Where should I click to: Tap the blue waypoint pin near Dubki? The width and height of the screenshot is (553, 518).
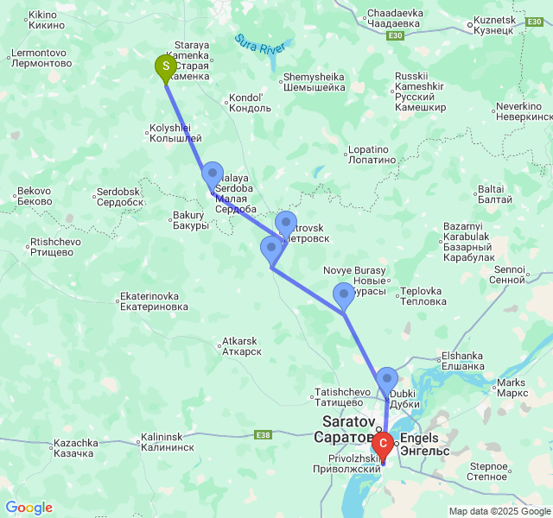[x=386, y=379]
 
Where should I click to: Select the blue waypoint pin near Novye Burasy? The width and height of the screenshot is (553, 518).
[x=343, y=295]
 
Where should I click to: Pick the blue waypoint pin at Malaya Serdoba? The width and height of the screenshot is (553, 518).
[x=212, y=175]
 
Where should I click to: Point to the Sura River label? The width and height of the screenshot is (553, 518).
[x=264, y=45]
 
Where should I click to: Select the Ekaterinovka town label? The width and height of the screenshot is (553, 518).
[x=154, y=300]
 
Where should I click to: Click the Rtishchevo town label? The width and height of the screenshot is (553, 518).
[x=55, y=248]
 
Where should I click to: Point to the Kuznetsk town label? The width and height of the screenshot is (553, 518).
[x=495, y=25]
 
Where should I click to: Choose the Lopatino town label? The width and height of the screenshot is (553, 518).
[x=372, y=155]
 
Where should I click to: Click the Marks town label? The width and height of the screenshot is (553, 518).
[x=512, y=388]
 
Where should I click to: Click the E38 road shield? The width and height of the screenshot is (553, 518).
[x=264, y=434]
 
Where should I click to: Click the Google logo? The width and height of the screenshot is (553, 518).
[x=29, y=508]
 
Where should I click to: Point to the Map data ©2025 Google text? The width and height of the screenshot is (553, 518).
[x=499, y=511]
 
